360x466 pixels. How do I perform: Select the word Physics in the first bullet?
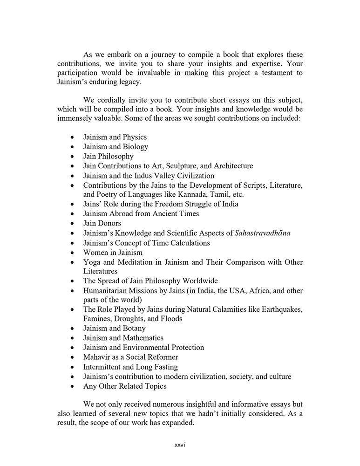(135, 137)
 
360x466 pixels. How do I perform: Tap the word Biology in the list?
(135, 147)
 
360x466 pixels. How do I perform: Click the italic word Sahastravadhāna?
(263, 233)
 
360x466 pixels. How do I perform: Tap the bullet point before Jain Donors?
(71, 224)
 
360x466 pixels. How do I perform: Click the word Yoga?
(91, 262)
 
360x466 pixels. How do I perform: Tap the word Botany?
(135, 329)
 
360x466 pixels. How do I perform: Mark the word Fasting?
(165, 367)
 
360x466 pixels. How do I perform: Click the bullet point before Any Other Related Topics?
(71, 386)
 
